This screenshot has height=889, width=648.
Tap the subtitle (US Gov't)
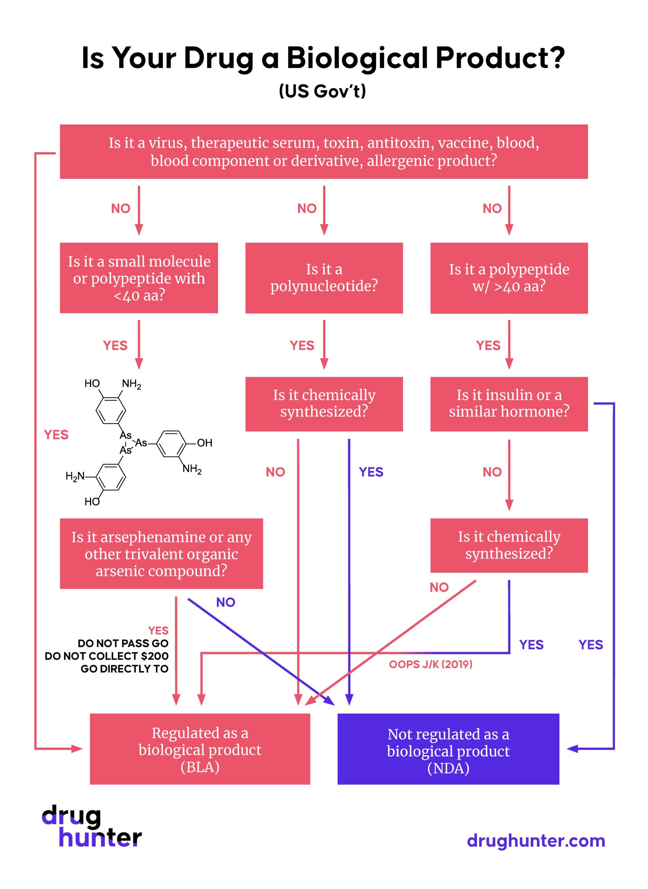click(x=322, y=91)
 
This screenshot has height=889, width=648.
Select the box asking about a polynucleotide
click(x=324, y=278)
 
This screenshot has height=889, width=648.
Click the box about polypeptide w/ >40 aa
click(x=509, y=278)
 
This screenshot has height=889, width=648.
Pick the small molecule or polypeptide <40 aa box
click(x=139, y=278)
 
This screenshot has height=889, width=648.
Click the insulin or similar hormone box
click(x=509, y=404)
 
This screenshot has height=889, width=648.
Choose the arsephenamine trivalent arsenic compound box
click(x=161, y=554)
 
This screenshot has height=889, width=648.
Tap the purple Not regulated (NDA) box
click(x=448, y=751)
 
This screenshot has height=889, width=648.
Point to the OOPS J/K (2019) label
click(x=430, y=664)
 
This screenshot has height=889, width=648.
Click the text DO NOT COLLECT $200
click(x=107, y=656)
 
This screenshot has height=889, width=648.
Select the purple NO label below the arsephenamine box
click(x=226, y=602)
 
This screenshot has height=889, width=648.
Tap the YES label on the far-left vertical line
click(x=56, y=434)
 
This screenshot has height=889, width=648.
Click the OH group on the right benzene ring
click(x=204, y=443)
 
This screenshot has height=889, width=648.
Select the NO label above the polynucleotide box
click(x=307, y=208)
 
